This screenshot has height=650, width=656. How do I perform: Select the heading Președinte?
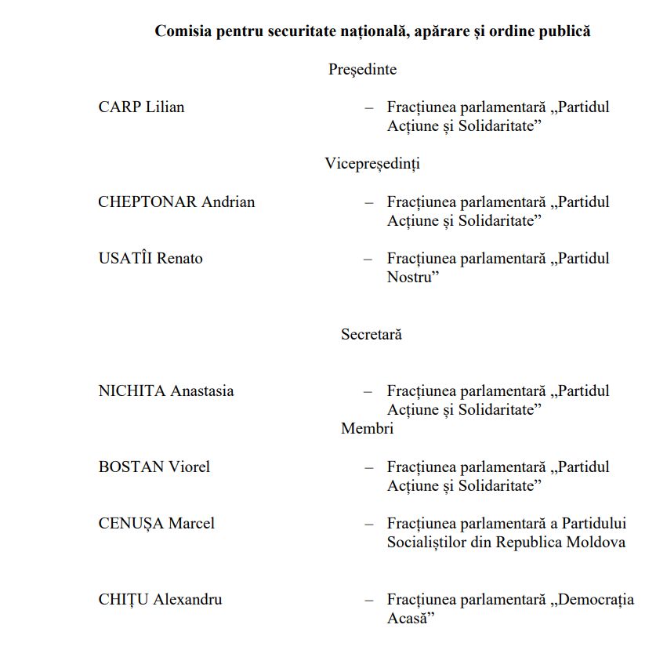click(x=362, y=69)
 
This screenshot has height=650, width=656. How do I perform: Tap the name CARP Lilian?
click(x=141, y=107)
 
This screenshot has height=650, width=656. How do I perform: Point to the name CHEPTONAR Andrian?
click(x=176, y=202)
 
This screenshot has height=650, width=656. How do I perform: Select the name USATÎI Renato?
click(x=150, y=258)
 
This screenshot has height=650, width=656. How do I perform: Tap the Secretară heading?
click(x=371, y=334)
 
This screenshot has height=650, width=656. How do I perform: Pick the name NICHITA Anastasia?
click(x=166, y=390)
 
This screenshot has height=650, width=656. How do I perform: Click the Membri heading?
click(x=367, y=428)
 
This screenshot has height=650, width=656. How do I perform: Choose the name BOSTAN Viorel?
click(x=154, y=467)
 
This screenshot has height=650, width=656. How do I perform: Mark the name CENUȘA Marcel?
click(x=156, y=523)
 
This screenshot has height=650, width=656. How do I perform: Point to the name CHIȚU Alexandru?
click(x=160, y=599)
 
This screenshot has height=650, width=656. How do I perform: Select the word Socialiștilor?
click(x=429, y=542)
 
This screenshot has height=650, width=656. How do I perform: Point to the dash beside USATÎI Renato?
click(x=368, y=259)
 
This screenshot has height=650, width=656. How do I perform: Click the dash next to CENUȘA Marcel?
click(x=368, y=524)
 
